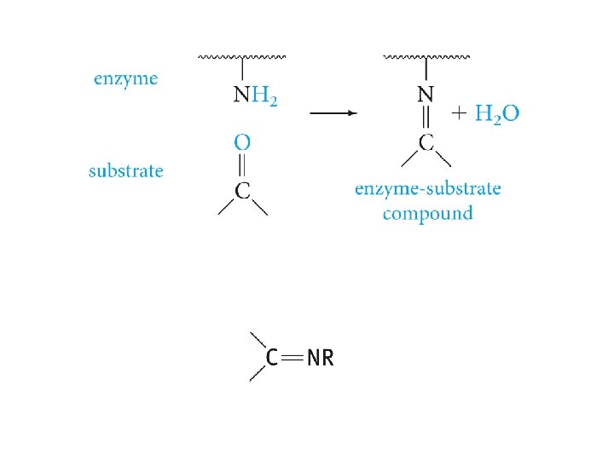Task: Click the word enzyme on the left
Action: pos(125,79)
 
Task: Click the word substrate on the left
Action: pos(125,170)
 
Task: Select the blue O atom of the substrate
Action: pos(243,141)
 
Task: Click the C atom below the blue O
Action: pos(243,191)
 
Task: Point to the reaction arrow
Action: pos(332,112)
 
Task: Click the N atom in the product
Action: pos(425,95)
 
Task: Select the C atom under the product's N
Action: pos(426,141)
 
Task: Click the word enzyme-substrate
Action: pos(427,188)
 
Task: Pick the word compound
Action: pos(427,213)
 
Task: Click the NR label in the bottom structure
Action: pos(320,358)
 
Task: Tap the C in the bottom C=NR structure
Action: pos(271,358)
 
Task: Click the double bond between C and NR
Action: pos(292,358)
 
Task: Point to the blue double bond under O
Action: pos(243,165)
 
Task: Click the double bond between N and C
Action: pos(426,118)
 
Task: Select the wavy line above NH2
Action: pos(242,57)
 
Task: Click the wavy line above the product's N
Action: pos(426,57)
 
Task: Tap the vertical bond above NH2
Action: pos(243,70)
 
